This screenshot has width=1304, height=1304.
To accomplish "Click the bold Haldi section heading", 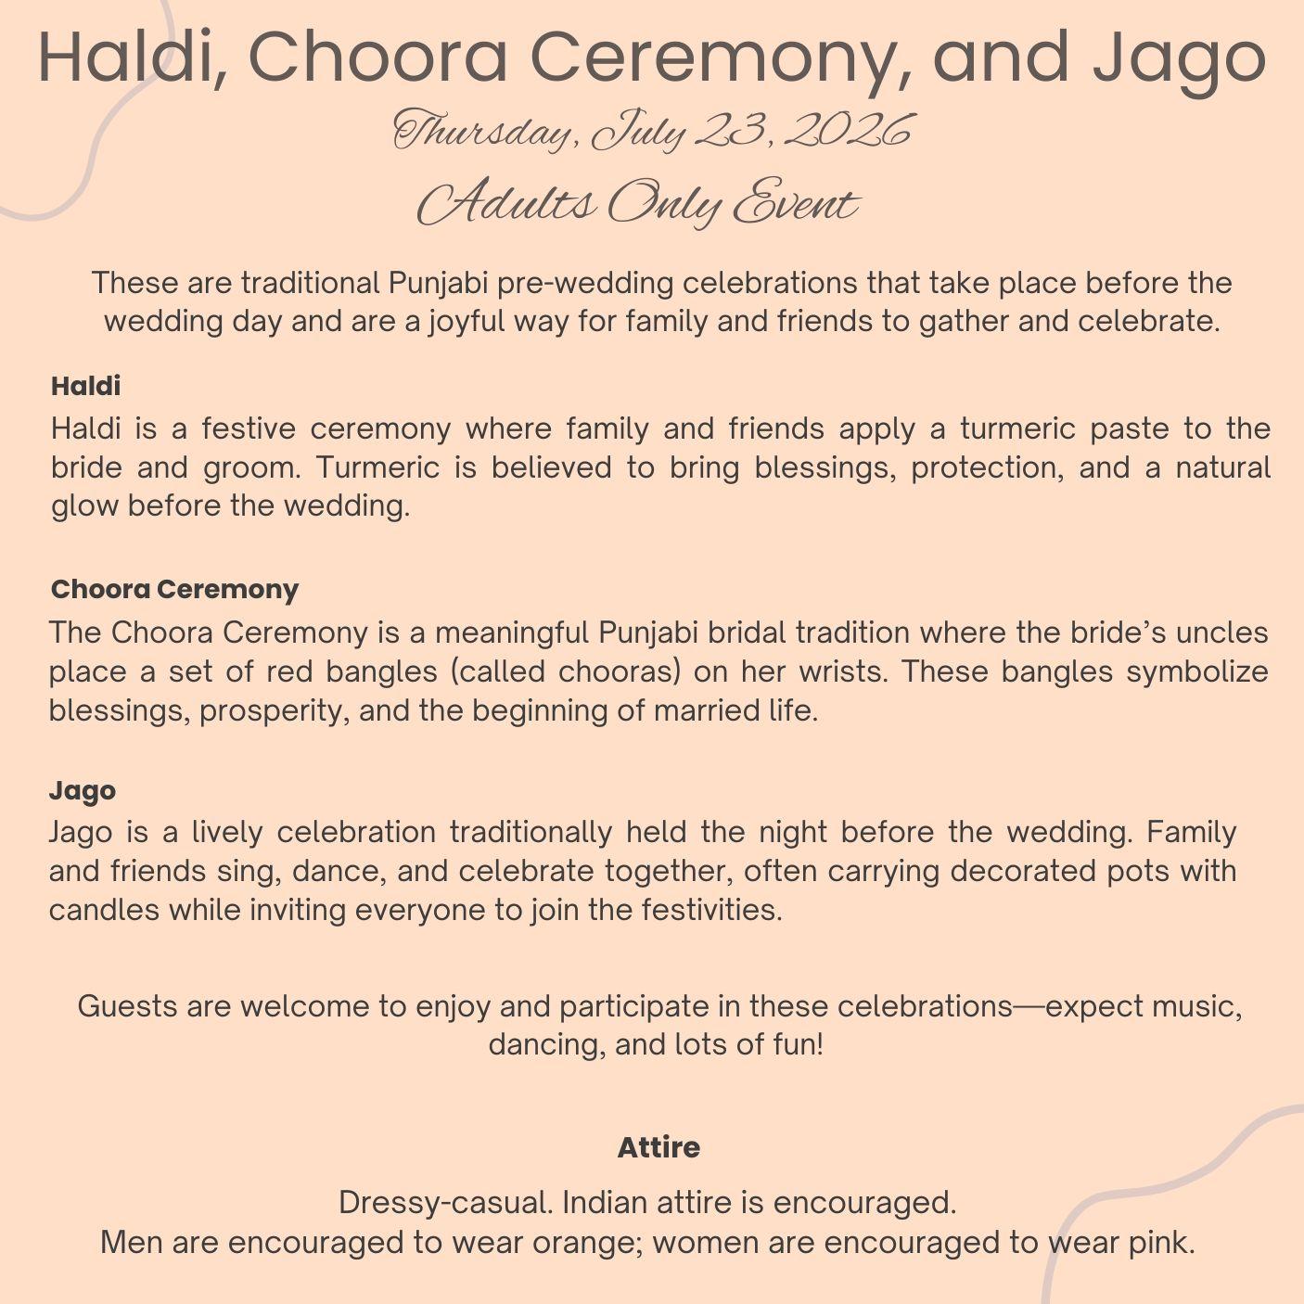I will coord(85,386).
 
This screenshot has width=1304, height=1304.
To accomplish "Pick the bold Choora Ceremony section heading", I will coord(174,589).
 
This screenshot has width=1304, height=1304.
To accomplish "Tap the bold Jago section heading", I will coord(83,790).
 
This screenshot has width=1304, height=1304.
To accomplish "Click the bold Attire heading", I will coord(658,1147).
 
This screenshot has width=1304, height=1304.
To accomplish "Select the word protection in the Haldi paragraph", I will coord(986,467).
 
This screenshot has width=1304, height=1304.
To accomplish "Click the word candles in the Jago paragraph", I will coord(104,910).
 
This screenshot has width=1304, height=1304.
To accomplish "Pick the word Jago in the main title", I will coord(1178,58).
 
